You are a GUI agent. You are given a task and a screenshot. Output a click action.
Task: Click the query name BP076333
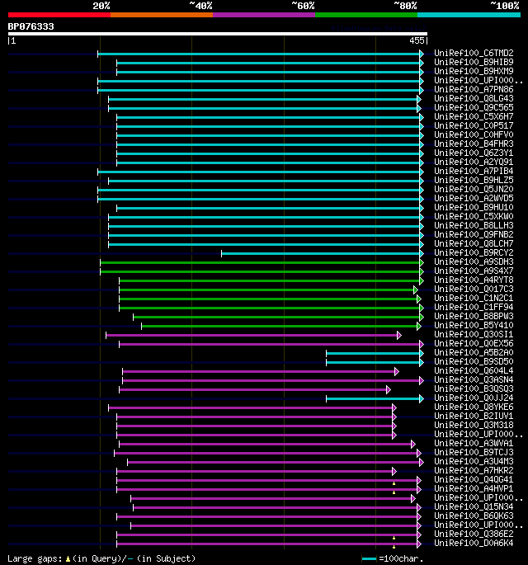pos(31,26)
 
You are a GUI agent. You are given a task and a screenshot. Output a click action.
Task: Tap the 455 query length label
pos(417,40)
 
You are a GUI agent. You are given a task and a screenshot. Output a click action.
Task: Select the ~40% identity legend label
pos(200,6)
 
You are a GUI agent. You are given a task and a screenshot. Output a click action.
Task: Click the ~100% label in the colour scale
pos(504,6)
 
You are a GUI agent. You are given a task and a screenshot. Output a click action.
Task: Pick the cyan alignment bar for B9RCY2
pos(322,253)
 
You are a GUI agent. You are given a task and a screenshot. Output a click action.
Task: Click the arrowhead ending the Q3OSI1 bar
pos(398,335)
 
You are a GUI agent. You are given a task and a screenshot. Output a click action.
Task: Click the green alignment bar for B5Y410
pos(280,326)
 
